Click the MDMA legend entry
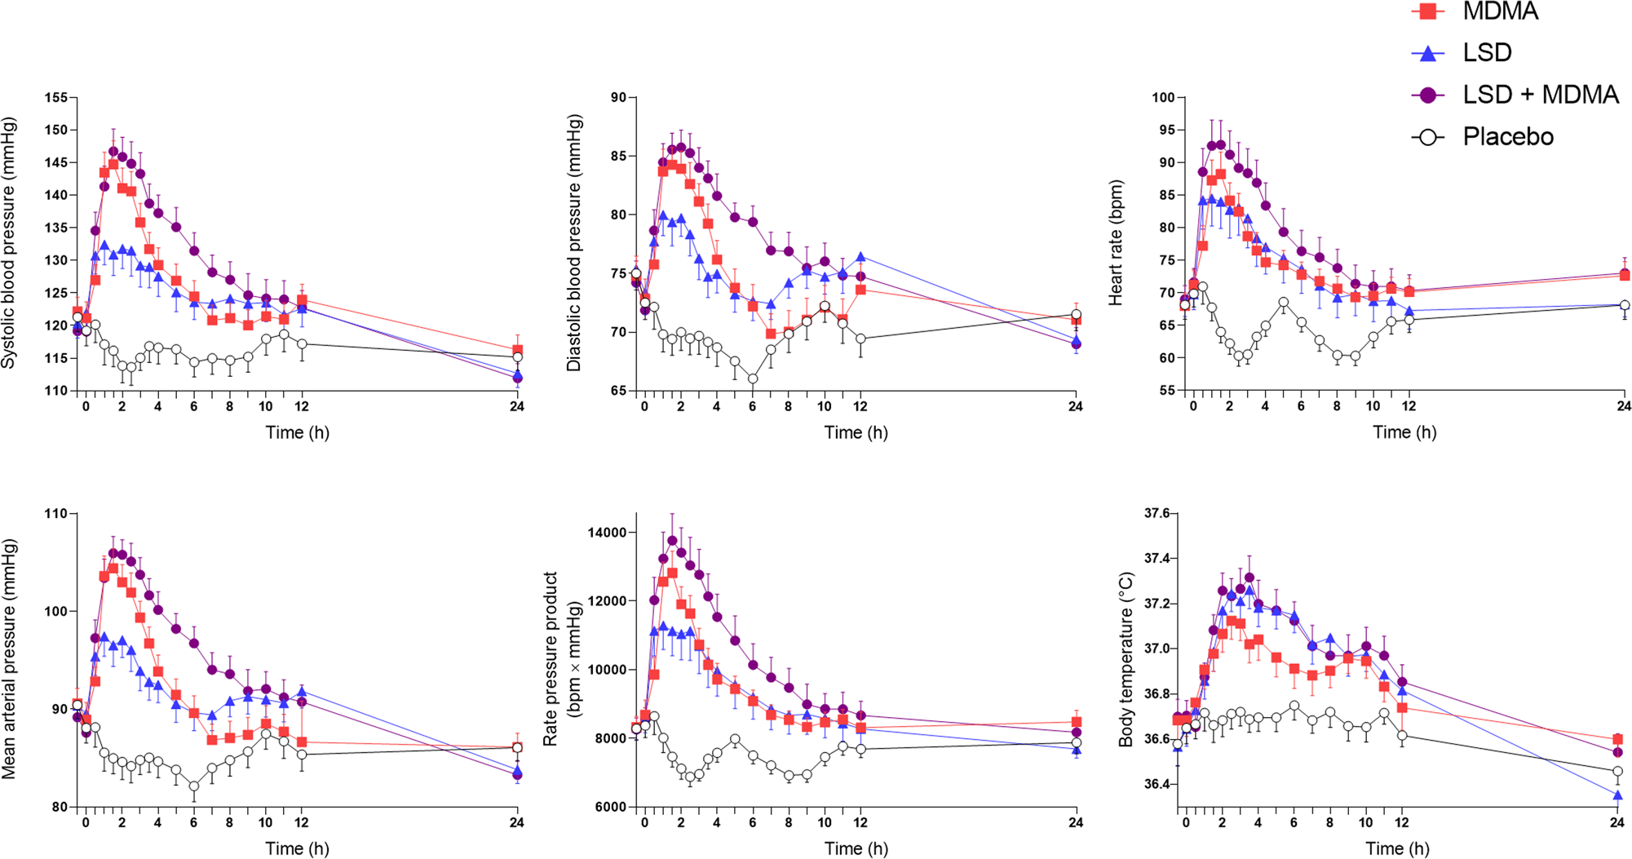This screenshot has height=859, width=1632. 1500,11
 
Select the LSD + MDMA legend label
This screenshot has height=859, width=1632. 1540,95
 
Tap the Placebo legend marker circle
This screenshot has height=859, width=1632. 1428,137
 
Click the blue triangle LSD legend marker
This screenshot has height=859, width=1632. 1428,53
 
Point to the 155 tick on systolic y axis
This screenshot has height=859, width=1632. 56,98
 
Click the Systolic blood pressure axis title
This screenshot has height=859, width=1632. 10,243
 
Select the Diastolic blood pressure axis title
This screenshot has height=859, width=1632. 574,243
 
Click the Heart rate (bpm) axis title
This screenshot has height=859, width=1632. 1116,243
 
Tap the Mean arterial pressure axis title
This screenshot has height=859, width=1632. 10,659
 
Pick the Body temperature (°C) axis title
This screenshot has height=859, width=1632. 1126,659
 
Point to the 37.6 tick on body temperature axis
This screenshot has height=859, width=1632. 1156,514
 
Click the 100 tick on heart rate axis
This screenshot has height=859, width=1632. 1163,98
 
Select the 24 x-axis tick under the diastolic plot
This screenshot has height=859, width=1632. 1076,406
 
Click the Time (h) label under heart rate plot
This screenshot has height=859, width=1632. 1404,432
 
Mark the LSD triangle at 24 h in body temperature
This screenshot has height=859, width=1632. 1617,795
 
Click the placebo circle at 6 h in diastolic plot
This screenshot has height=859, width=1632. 753,379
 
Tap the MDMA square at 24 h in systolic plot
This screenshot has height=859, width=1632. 517,350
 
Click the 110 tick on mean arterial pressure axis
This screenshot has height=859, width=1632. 56,514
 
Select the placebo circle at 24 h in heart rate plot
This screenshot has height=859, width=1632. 1625,306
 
